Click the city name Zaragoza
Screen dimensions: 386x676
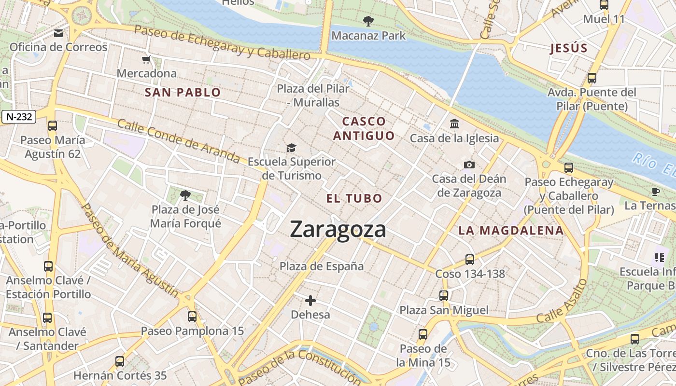(x=338, y=230)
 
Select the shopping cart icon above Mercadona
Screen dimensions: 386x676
(x=146, y=60)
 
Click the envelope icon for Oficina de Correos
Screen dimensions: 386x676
(x=58, y=33)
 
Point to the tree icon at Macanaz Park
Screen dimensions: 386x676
(x=368, y=21)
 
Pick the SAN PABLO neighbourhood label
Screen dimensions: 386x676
(x=183, y=93)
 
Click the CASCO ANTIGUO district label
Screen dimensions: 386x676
(x=364, y=128)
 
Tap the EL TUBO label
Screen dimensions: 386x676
(x=354, y=198)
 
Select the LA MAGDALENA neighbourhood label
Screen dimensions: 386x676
(x=511, y=231)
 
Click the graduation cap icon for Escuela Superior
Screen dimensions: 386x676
(x=291, y=148)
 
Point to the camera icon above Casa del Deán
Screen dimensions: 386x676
(x=469, y=165)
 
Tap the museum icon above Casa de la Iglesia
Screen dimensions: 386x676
(x=454, y=124)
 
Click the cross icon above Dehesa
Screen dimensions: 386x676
(x=310, y=301)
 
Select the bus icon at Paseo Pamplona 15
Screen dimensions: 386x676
(x=192, y=317)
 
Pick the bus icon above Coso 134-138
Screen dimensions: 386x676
(x=470, y=260)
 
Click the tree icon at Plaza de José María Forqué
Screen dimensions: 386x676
(x=185, y=195)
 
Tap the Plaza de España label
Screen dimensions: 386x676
(x=322, y=266)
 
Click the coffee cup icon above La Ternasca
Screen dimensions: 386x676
(x=655, y=192)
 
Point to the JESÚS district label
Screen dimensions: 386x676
(x=569, y=48)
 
